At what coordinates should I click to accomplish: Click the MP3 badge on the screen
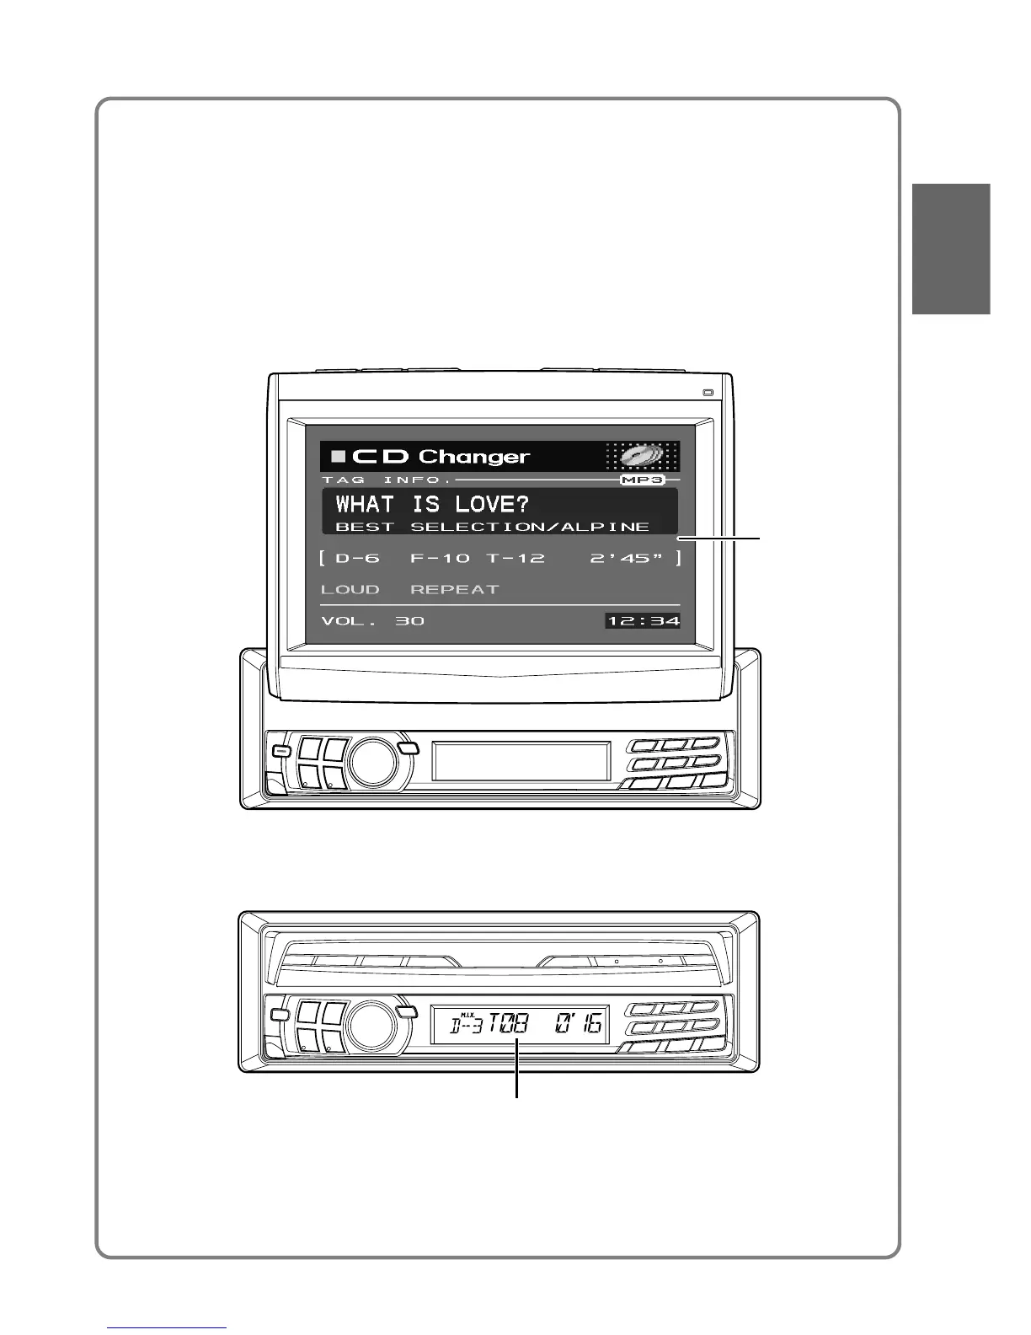(643, 480)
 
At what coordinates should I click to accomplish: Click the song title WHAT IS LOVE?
(432, 504)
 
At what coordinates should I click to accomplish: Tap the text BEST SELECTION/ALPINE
(493, 527)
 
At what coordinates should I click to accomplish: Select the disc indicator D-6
(357, 558)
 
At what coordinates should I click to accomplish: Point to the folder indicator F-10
(440, 558)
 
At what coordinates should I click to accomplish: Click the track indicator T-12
(515, 558)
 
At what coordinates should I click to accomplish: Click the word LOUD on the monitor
(350, 589)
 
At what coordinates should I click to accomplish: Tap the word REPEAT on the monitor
(455, 589)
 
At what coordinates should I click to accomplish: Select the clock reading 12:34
(644, 621)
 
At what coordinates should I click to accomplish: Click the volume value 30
(410, 621)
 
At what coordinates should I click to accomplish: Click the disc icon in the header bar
(642, 456)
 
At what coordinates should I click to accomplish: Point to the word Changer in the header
(473, 457)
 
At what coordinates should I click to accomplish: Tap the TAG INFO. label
(387, 480)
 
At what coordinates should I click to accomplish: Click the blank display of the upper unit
(521, 761)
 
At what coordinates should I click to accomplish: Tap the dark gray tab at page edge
(950, 249)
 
